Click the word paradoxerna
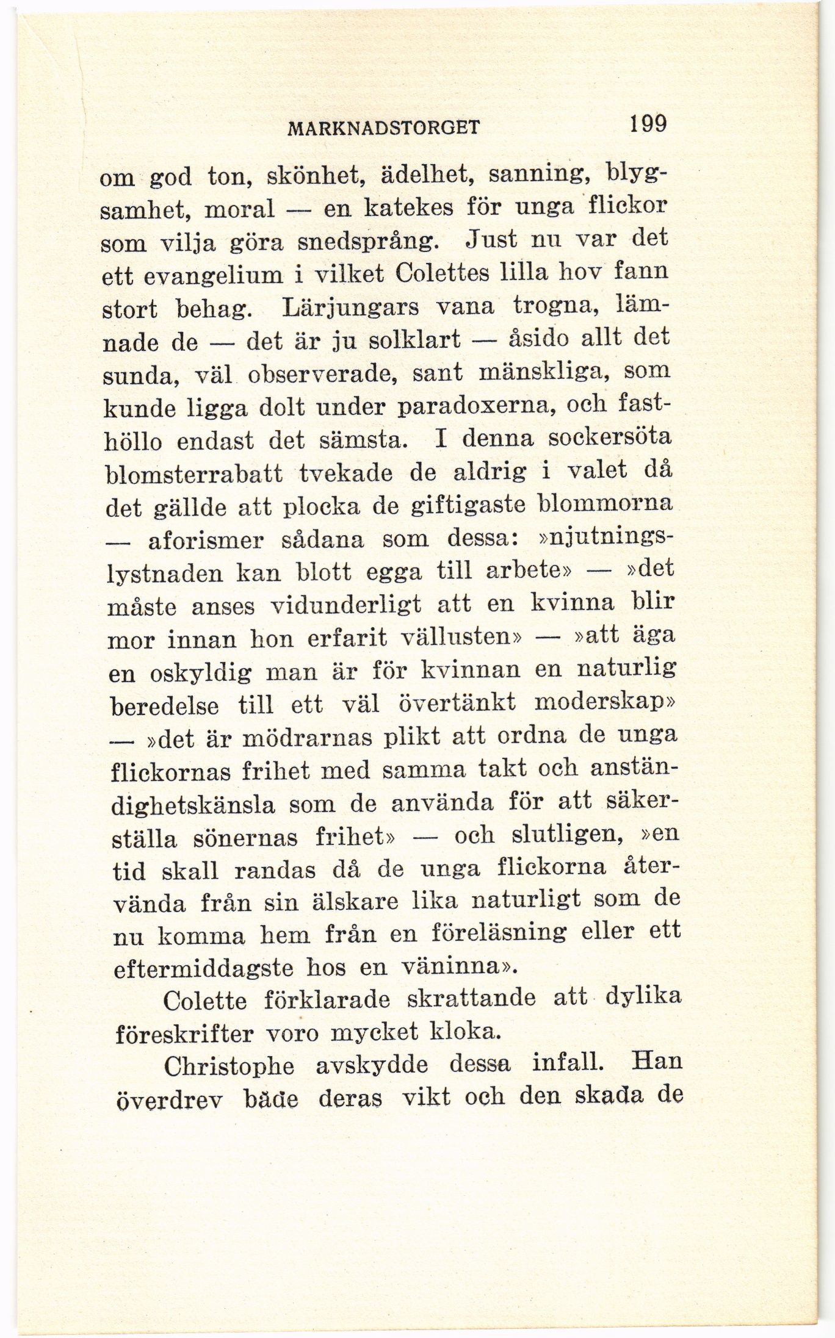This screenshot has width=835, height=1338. tap(446, 407)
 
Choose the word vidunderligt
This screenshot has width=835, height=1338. tap(345, 606)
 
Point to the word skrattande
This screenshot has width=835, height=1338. tap(471, 999)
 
